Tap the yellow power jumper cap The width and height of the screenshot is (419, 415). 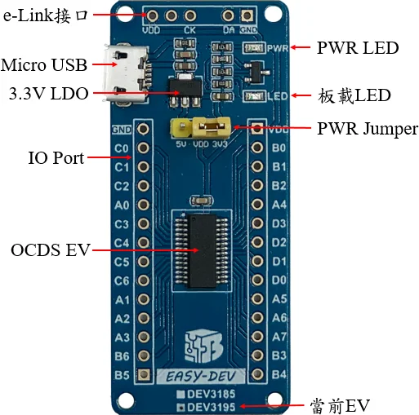[x=212, y=126]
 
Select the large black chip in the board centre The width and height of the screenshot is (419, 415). [x=203, y=251]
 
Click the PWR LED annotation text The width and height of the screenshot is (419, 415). [x=358, y=48]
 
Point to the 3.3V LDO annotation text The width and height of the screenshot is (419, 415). [x=48, y=94]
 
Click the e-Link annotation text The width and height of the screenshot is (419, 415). [x=46, y=15]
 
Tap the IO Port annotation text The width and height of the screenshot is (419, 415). [x=56, y=158]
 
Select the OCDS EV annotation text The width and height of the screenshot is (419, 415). [x=51, y=249]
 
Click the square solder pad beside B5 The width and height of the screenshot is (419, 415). [x=143, y=374]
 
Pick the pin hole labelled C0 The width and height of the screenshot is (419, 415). [x=143, y=148]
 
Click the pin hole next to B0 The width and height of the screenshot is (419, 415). [x=257, y=148]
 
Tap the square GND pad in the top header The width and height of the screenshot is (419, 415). [x=247, y=15]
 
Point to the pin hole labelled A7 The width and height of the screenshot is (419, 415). [x=257, y=337]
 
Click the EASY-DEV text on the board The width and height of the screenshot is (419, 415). [x=200, y=377]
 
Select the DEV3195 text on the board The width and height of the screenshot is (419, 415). [x=211, y=407]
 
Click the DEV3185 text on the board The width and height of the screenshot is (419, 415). [x=211, y=394]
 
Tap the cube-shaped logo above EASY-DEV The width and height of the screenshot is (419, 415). [x=203, y=346]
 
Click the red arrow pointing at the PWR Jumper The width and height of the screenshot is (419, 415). [x=272, y=127]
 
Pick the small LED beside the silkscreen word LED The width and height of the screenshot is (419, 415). [x=255, y=96]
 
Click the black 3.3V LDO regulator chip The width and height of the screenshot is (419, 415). [x=185, y=89]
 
